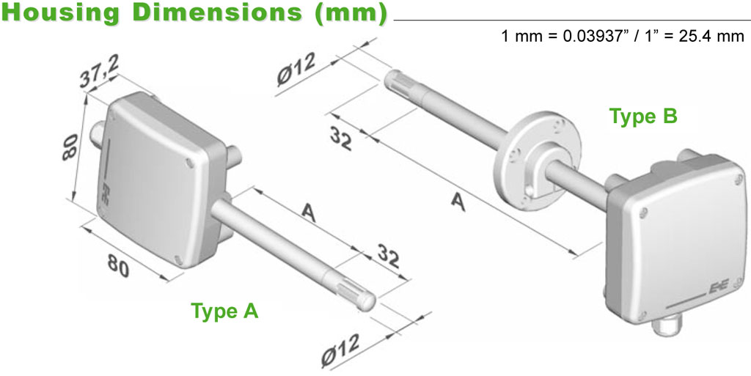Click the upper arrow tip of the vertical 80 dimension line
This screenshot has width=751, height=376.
(x=87, y=94)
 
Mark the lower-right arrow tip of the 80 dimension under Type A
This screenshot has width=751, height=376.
(x=169, y=280)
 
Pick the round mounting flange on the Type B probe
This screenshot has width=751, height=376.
(x=537, y=161)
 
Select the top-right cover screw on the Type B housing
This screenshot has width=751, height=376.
(x=738, y=180)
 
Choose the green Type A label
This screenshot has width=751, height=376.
(x=224, y=311)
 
